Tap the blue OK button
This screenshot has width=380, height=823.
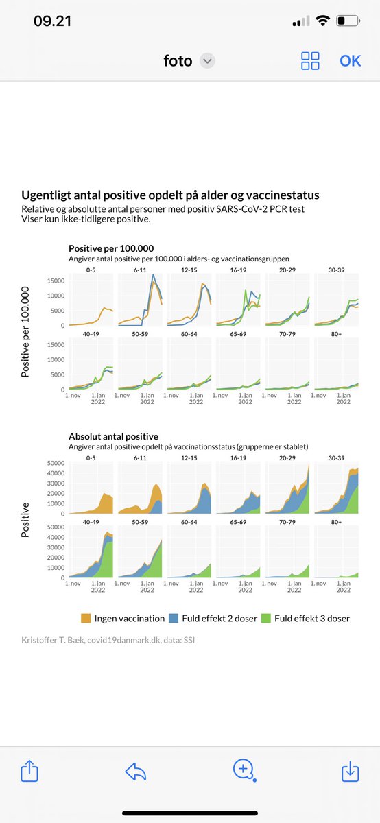click(x=350, y=61)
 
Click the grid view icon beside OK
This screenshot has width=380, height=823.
click(x=310, y=60)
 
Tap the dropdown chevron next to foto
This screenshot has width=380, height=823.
click(x=207, y=60)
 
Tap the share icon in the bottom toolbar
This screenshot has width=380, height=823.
click(x=29, y=770)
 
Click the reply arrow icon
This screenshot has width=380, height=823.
click(x=136, y=771)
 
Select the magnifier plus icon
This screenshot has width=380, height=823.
click(x=244, y=770)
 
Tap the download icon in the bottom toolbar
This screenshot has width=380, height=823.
click(x=350, y=771)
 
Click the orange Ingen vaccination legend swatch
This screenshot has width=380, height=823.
click(x=86, y=619)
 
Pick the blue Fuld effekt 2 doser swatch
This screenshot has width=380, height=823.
click(x=174, y=619)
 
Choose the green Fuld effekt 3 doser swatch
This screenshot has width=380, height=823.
click(x=265, y=619)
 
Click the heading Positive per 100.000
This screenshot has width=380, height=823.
click(x=111, y=248)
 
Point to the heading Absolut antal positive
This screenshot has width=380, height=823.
click(x=113, y=436)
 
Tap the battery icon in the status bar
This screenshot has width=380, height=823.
click(x=348, y=21)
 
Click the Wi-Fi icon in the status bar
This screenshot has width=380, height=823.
click(x=322, y=21)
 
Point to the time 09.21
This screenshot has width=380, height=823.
click(x=52, y=21)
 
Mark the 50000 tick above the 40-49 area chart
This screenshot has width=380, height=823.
click(x=56, y=527)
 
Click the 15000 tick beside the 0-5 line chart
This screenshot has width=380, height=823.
click(x=56, y=281)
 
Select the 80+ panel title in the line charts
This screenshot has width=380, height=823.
click(x=336, y=334)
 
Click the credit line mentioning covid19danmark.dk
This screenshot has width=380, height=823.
click(x=108, y=640)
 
